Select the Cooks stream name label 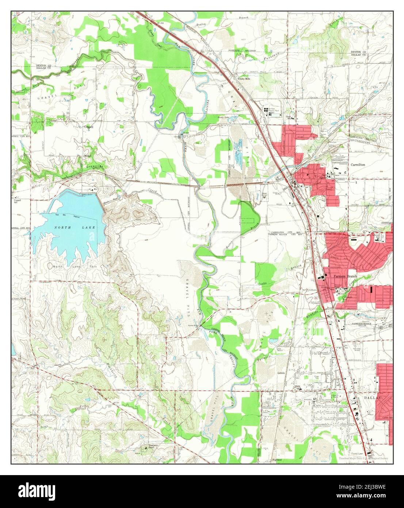pyautogui.click(x=262, y=284)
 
